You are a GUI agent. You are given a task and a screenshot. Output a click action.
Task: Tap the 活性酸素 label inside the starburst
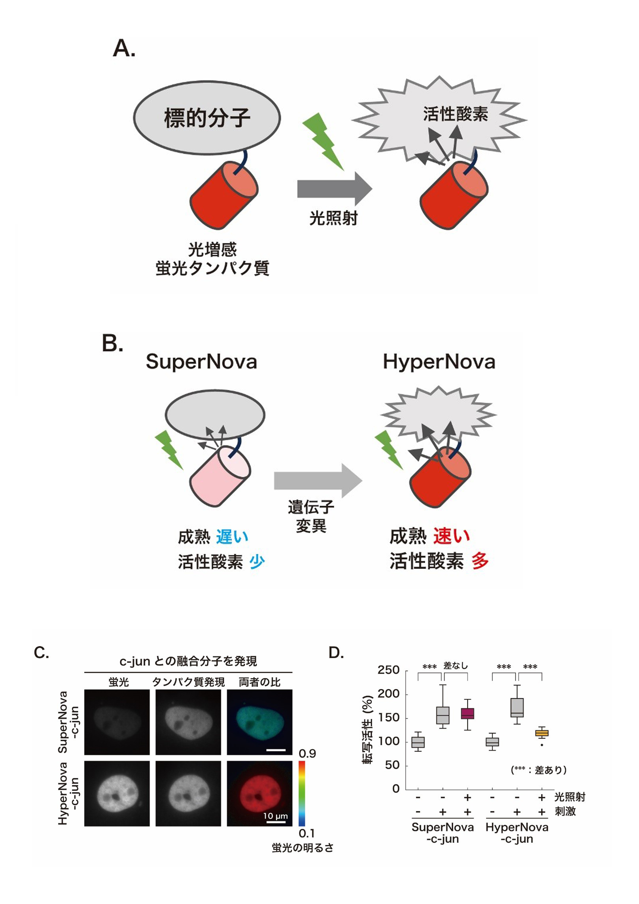tap(456, 114)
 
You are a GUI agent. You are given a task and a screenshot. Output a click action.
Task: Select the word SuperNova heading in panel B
tap(201, 362)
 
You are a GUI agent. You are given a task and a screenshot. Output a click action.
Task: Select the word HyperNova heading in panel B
tap(439, 362)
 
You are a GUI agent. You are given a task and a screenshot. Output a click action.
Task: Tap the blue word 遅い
tap(232, 536)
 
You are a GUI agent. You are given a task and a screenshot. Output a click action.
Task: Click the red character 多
tap(480, 561)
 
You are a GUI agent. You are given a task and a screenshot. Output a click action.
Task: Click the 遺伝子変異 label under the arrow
tap(311, 516)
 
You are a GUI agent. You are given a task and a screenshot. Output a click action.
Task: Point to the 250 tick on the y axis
tap(388, 670)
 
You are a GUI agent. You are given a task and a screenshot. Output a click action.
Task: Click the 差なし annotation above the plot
tap(456, 665)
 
